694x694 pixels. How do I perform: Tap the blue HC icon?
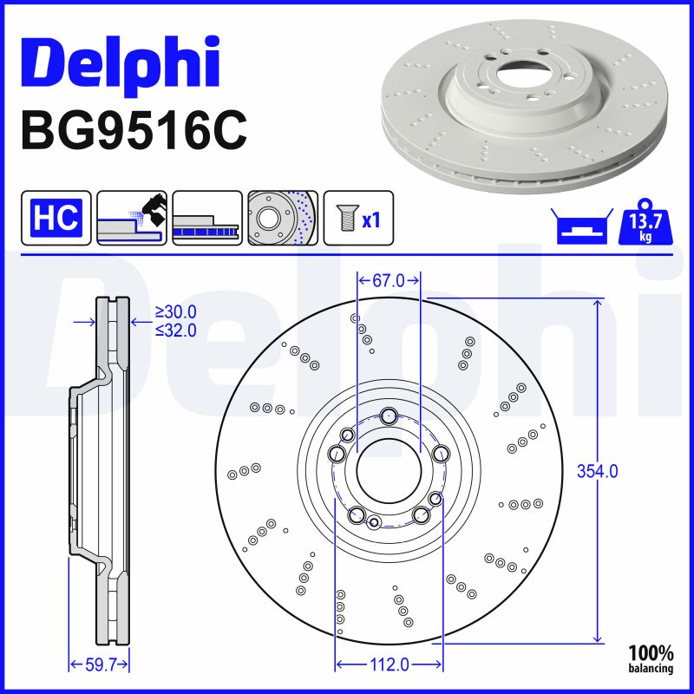[x=56, y=217]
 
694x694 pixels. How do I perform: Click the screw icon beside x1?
[x=344, y=218]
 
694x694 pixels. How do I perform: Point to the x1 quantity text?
[x=371, y=220]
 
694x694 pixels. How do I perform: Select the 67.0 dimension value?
[x=389, y=281]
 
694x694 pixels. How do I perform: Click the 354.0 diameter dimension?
[x=598, y=471]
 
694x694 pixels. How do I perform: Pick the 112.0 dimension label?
[x=388, y=665]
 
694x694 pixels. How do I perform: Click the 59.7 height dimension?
[x=98, y=665]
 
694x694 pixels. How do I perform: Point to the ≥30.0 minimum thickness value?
[x=175, y=311]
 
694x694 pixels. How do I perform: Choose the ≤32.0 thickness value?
[x=175, y=330]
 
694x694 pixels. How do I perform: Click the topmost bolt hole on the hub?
[x=389, y=416]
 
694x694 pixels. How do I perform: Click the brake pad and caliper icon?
[x=132, y=217]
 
